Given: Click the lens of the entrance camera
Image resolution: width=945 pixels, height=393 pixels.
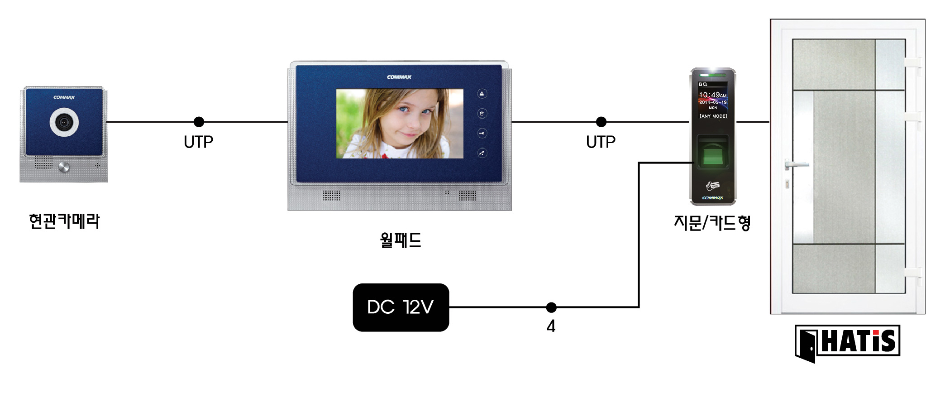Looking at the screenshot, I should pyautogui.click(x=64, y=122).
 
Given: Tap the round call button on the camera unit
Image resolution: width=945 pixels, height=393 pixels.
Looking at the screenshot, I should pyautogui.click(x=64, y=167).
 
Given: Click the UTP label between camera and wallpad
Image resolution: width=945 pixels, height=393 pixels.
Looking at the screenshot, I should pyautogui.click(x=198, y=142).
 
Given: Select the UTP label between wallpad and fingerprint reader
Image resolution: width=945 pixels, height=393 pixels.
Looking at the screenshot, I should pyautogui.click(x=601, y=142).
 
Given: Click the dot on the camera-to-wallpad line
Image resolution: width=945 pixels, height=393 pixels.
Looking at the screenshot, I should pyautogui.click(x=199, y=122).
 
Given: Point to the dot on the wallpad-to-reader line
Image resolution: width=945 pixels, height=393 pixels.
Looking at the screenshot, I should pyautogui.click(x=601, y=122).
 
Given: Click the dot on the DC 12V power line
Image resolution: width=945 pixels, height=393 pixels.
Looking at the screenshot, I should pyautogui.click(x=551, y=307).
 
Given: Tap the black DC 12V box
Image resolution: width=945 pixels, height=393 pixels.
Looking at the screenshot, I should pyautogui.click(x=401, y=307).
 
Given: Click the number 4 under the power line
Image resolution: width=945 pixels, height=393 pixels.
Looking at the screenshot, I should pyautogui.click(x=551, y=326).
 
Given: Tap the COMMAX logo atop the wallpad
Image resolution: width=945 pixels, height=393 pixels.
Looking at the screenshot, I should pyautogui.click(x=399, y=77).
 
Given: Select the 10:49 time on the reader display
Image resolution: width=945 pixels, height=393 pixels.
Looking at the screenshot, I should pyautogui.click(x=710, y=95).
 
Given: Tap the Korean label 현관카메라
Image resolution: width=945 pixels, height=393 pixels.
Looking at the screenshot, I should pyautogui.click(x=64, y=221).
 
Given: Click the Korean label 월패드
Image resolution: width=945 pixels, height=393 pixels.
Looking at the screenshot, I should pyautogui.click(x=401, y=240).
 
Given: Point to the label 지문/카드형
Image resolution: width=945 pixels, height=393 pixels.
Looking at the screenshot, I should pyautogui.click(x=712, y=223).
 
